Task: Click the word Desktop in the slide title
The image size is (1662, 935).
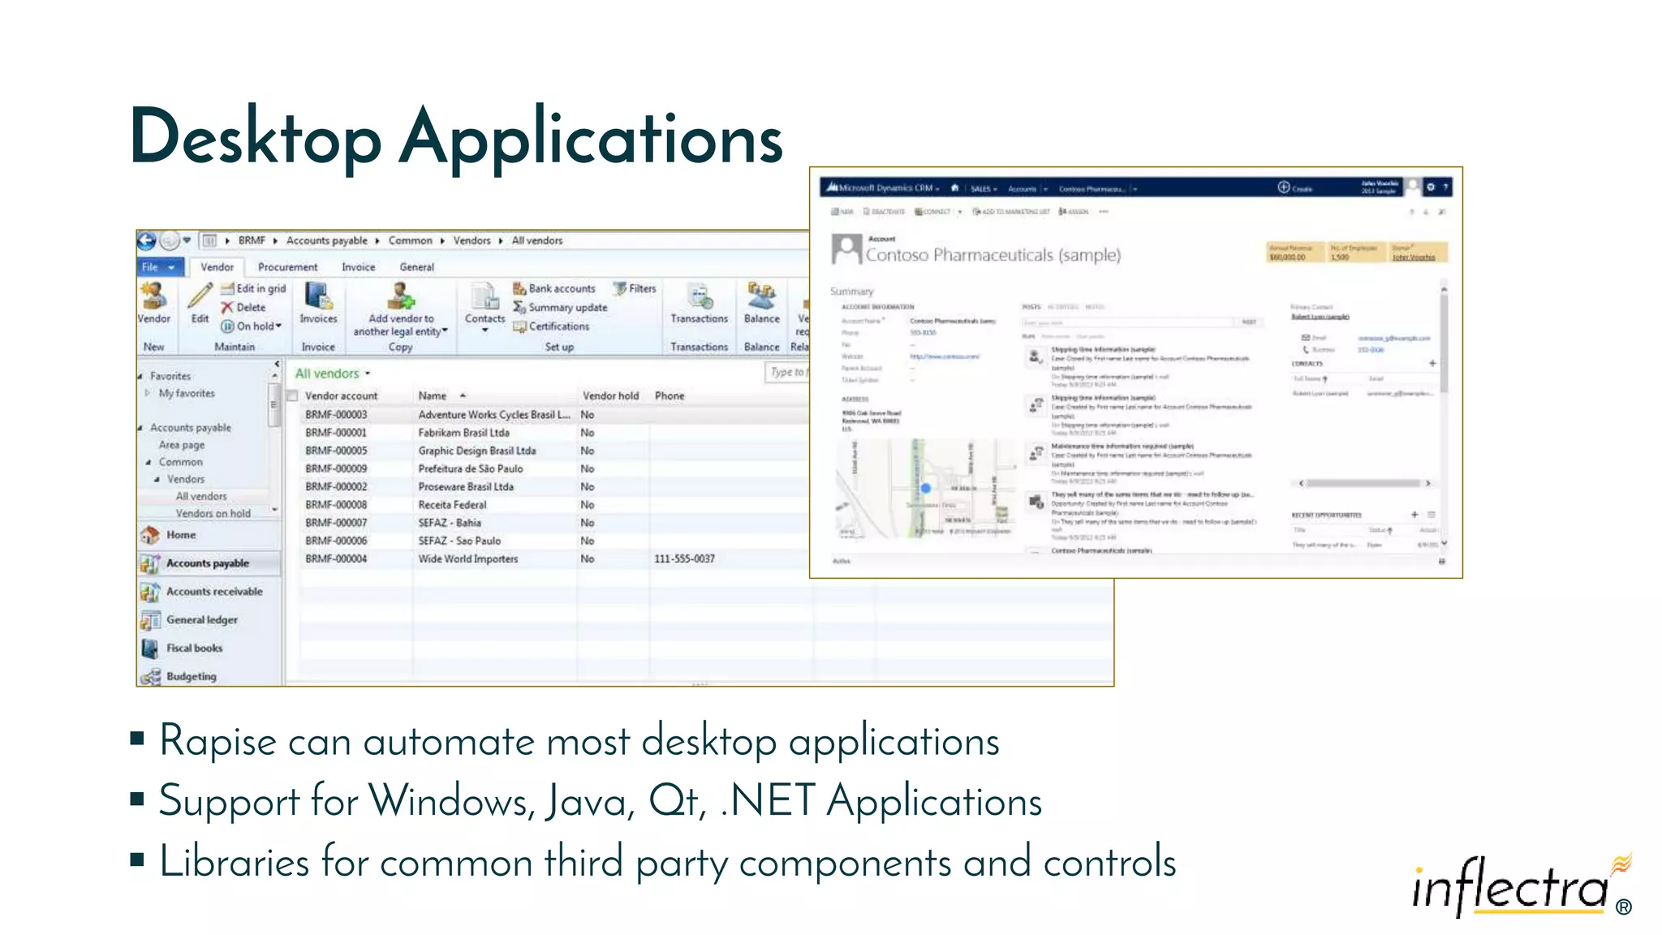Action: (255, 138)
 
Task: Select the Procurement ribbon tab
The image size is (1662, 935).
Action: (287, 267)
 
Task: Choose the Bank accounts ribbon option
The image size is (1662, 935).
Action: (561, 289)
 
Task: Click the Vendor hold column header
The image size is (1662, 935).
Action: (610, 396)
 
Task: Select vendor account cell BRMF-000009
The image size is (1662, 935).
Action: (336, 469)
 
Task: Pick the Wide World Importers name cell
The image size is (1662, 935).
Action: (467, 559)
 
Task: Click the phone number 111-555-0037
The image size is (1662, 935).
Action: (684, 559)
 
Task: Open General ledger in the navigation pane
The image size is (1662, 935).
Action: (201, 620)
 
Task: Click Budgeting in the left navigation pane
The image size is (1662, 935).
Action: (191, 677)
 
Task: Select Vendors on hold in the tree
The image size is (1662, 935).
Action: (213, 514)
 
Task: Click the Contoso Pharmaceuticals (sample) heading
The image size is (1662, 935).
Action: (992, 255)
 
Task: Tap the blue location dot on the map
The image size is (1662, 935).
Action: (925, 489)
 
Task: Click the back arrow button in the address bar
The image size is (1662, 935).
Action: (147, 240)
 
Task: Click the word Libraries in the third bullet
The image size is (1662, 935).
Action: (234, 862)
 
